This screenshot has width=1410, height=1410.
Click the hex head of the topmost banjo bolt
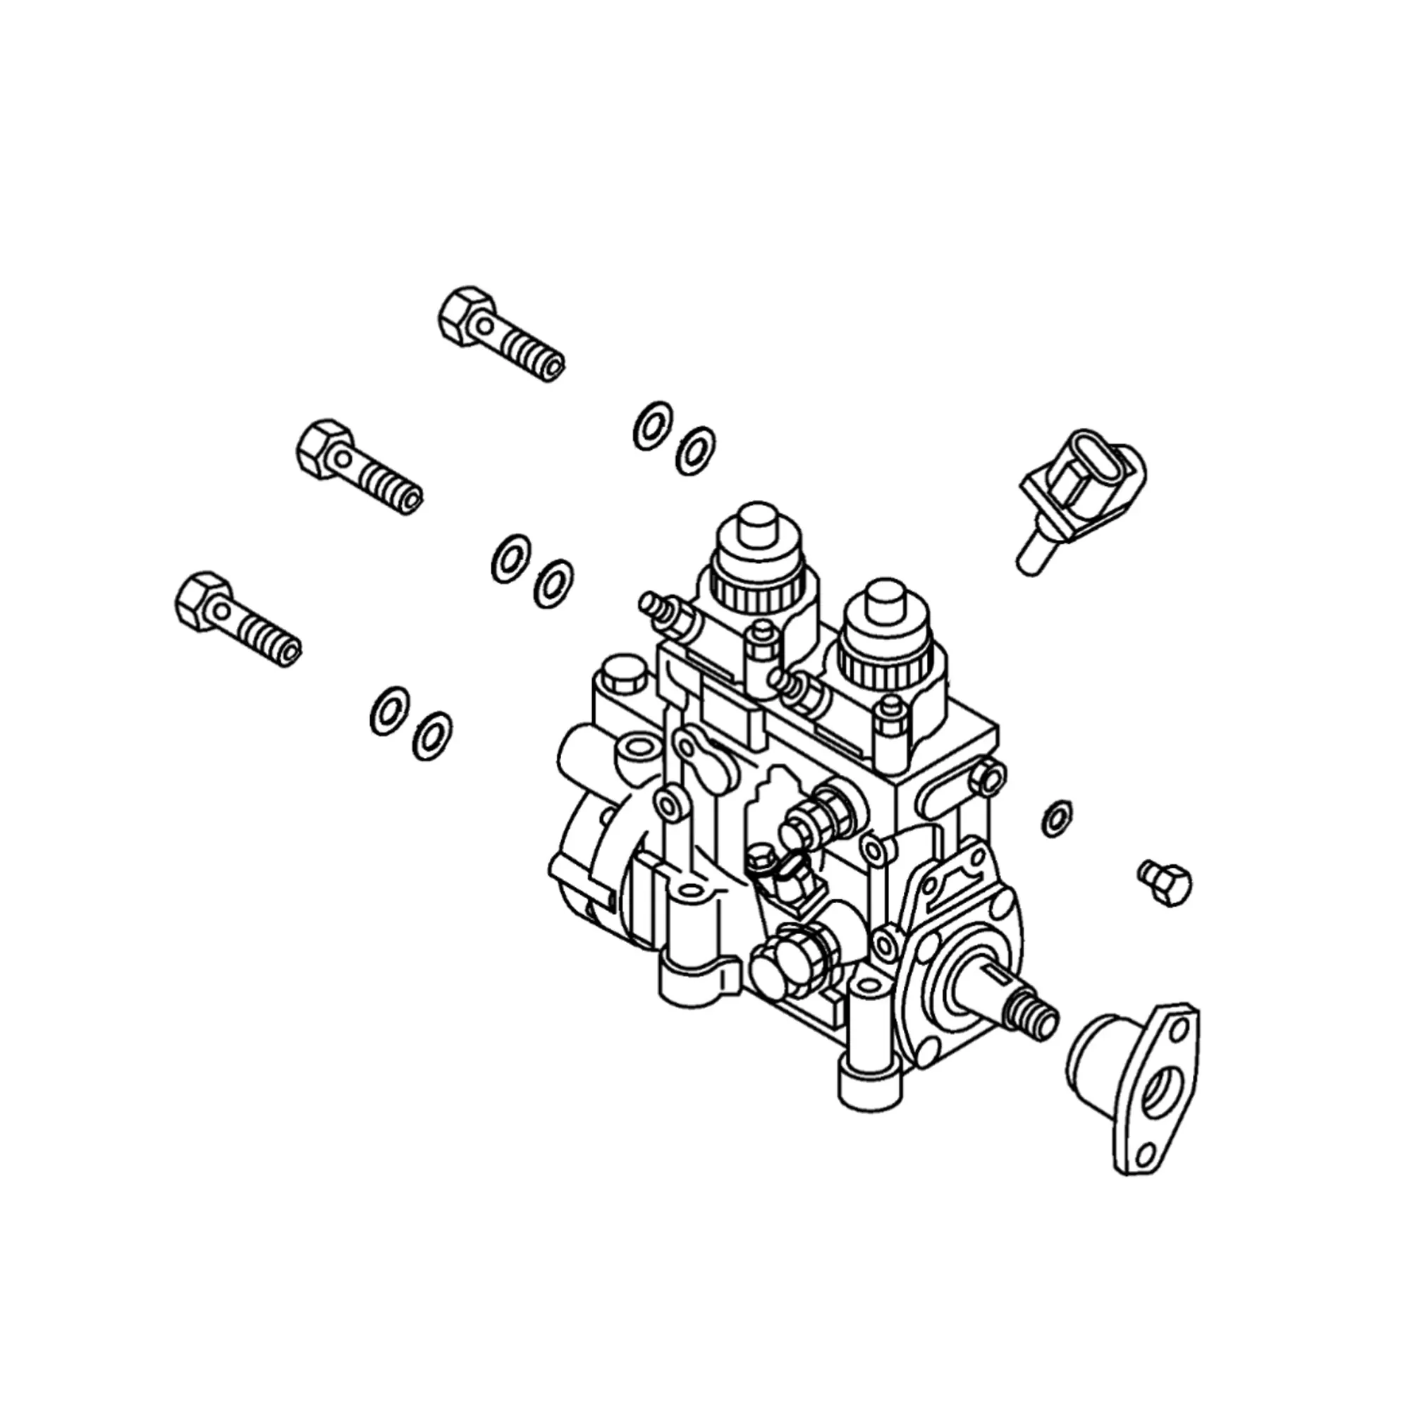pyautogui.click(x=464, y=315)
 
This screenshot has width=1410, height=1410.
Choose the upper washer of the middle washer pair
pyautogui.click(x=510, y=558)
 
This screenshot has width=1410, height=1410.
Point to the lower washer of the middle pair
pyautogui.click(x=553, y=583)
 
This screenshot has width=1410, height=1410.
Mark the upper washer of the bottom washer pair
pyautogui.click(x=389, y=710)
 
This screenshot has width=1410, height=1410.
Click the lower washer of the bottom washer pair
pyautogui.click(x=431, y=735)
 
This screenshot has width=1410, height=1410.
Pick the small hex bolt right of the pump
pyautogui.click(x=1165, y=885)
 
